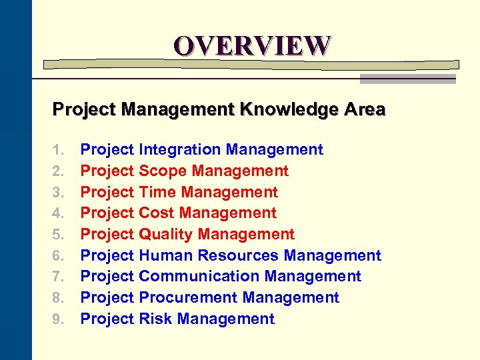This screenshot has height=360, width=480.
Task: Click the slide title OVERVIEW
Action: coord(252,45)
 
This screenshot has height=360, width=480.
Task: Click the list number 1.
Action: coord(58,150)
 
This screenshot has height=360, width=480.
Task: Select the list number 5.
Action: coord(58,235)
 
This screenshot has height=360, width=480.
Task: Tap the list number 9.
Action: coord(58,319)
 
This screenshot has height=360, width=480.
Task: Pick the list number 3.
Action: coord(58,193)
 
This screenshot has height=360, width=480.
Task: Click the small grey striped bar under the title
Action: coord(407,79)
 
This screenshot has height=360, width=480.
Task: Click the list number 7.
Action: coord(58,277)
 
